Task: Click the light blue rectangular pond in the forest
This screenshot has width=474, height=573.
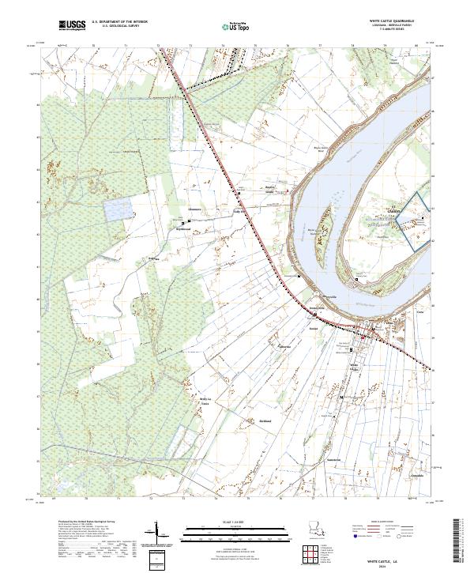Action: pos(118,209)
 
